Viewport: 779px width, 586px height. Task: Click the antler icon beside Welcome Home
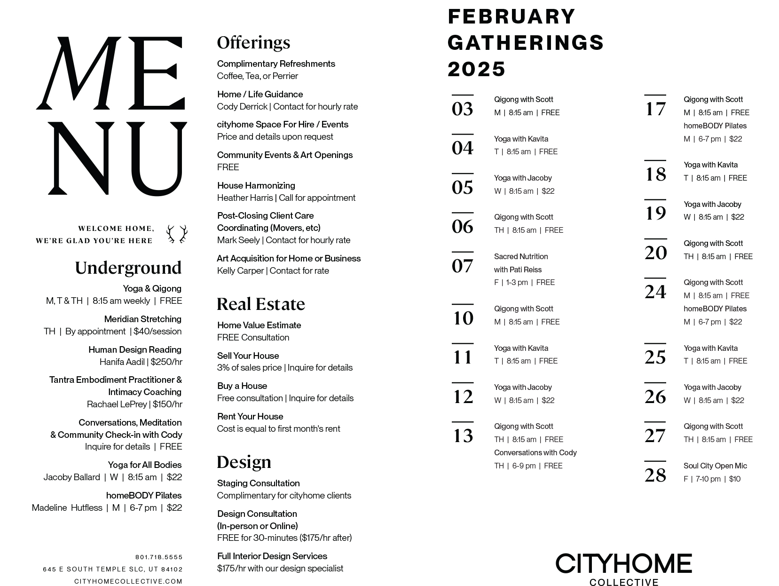coord(177,234)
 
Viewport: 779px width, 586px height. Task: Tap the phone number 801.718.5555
coord(159,557)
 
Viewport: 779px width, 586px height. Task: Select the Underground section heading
coord(128,268)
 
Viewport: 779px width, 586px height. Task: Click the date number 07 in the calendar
coord(463,266)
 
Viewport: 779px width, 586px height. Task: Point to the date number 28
coord(655,475)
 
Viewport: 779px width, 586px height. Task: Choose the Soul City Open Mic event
coord(715,466)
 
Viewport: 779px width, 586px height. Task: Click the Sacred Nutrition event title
coord(521,256)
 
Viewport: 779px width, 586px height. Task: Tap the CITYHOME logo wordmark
coord(624,563)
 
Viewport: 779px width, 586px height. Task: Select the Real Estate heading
coord(261,304)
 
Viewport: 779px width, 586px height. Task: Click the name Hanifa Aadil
coord(122,362)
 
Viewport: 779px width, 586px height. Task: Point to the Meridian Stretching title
coord(143,319)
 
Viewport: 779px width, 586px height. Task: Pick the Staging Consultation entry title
coord(258,483)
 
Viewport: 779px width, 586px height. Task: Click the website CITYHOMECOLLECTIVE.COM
coord(128,581)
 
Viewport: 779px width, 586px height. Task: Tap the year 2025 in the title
coord(477,69)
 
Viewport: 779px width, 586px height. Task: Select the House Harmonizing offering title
coord(256,185)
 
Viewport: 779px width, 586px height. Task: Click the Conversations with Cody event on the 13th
coord(535,452)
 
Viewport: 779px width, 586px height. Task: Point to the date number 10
coord(463,318)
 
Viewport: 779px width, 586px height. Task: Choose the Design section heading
coord(244,462)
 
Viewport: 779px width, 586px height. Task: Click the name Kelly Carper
coord(240,270)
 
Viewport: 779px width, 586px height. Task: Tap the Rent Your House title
coord(250,416)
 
